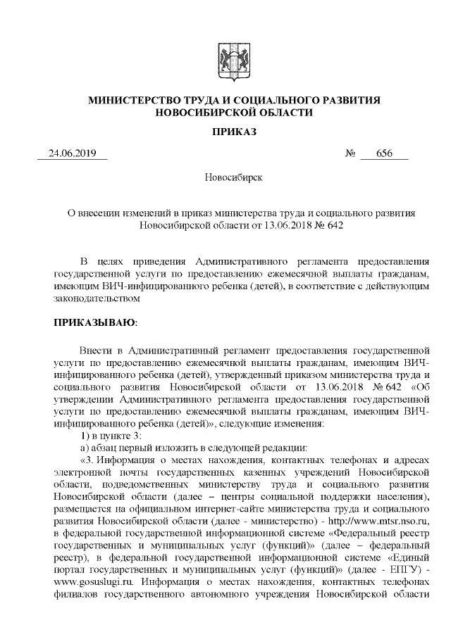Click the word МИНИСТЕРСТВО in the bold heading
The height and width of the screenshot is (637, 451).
tap(126, 101)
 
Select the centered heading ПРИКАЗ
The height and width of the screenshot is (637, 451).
tap(225, 132)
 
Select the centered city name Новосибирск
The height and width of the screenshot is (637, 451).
tap(225, 177)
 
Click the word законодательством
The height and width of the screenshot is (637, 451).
tap(98, 299)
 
